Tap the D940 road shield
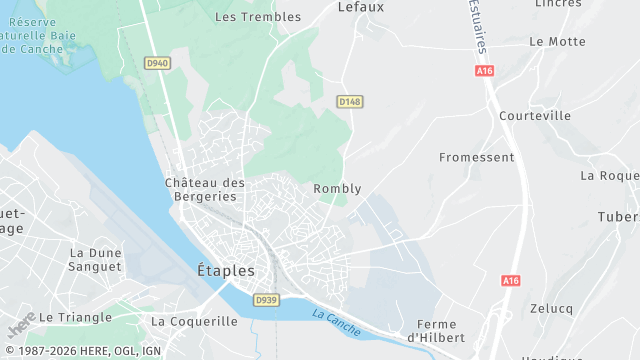click(x=157, y=63)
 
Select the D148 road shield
click(x=348, y=102)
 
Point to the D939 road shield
click(x=265, y=299)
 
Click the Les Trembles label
click(x=258, y=17)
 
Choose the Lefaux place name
click(x=361, y=6)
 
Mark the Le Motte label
click(x=557, y=42)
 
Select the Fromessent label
click(x=477, y=158)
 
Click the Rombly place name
click(x=337, y=189)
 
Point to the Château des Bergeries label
click(x=205, y=189)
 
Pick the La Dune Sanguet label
click(x=96, y=260)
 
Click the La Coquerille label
click(x=194, y=322)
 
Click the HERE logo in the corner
click(x=20, y=326)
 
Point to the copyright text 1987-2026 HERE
click(x=91, y=351)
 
